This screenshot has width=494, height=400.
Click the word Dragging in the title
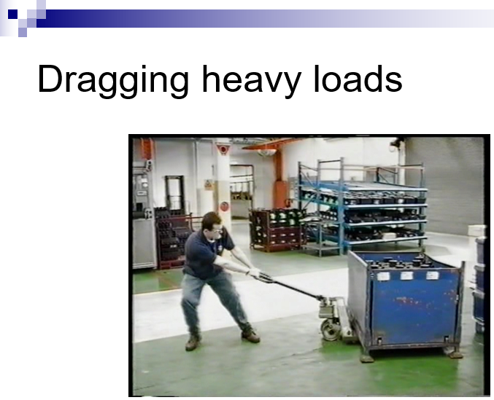113,79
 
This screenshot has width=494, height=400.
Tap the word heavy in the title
251,79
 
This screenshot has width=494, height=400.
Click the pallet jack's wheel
330,331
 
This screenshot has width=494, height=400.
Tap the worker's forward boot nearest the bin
250,336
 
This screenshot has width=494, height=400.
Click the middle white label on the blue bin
406,276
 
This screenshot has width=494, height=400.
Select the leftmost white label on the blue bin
383,276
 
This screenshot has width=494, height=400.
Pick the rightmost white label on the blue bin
432,275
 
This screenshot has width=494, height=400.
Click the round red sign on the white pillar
224,207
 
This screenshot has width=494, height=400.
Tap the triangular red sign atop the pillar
223,149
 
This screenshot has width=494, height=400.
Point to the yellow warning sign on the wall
208,185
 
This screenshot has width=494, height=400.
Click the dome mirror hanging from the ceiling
267,152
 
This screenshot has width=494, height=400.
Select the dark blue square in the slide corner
12,14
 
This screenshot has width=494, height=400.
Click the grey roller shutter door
444,186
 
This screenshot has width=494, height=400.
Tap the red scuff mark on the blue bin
409,301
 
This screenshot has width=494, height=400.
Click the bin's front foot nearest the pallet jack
367,358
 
